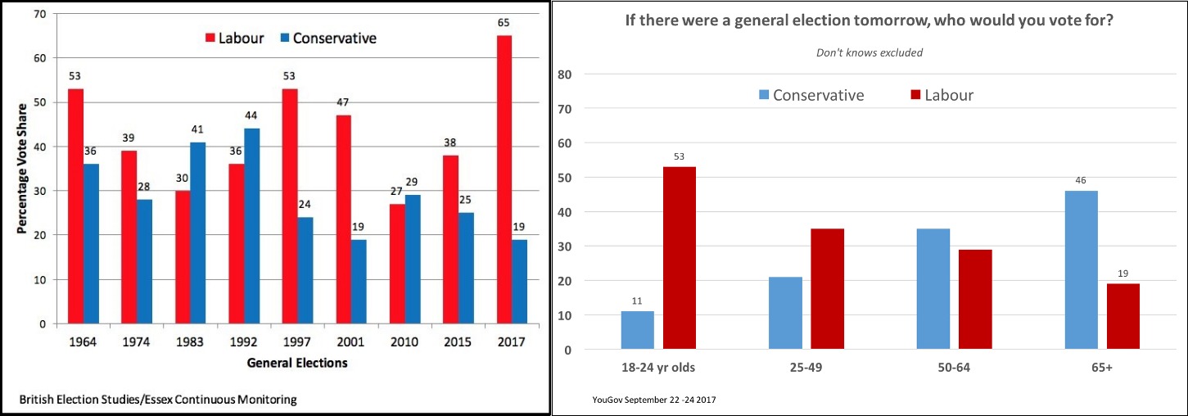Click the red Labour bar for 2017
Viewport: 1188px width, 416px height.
tap(504, 179)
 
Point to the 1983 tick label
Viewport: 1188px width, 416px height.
tap(190, 342)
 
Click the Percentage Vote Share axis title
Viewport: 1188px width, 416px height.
tap(24, 168)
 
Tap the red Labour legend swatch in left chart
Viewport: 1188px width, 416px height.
tap(210, 38)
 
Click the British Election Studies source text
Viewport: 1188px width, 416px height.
tap(159, 400)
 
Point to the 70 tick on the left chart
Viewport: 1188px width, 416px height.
tap(39, 14)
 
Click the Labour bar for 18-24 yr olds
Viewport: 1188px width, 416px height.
tap(680, 258)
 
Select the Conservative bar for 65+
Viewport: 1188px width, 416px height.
tap(1081, 270)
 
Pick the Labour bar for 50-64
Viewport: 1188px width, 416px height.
tap(975, 300)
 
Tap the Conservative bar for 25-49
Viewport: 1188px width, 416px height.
tap(785, 313)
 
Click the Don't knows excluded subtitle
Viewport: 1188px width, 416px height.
tap(870, 52)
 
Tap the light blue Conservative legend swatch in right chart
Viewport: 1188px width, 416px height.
tap(764, 95)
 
